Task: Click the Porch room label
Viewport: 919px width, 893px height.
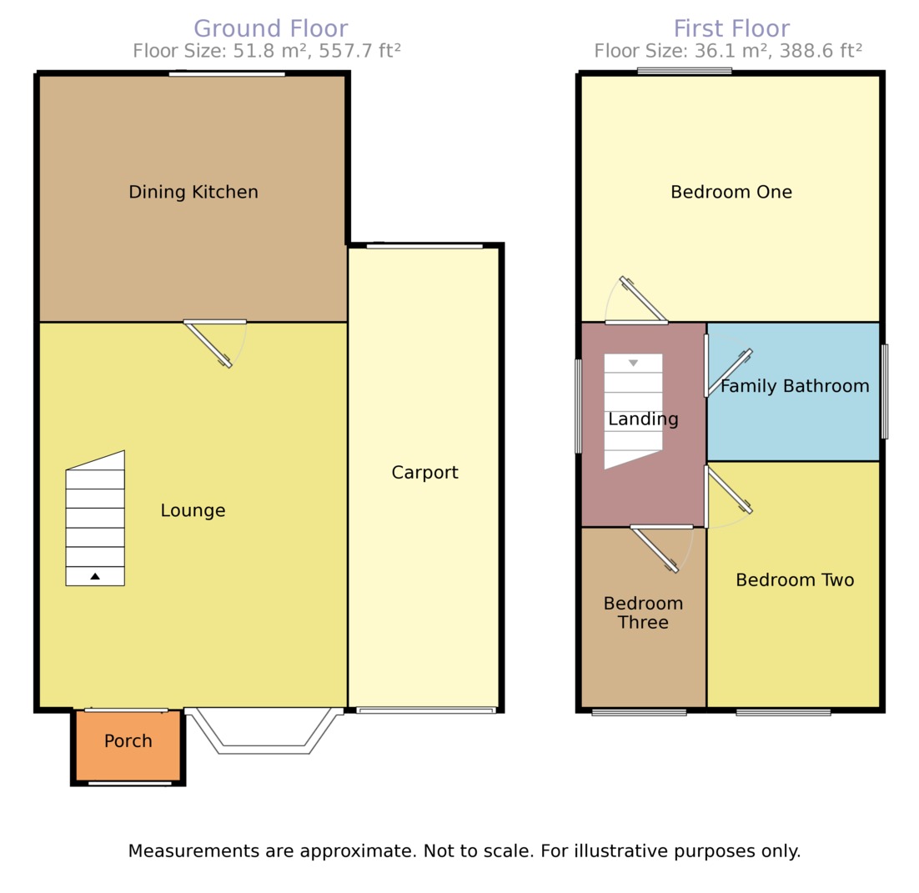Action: pos(128,741)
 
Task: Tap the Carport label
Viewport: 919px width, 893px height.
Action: pos(424,473)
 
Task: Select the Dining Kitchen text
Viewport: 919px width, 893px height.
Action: pos(193,193)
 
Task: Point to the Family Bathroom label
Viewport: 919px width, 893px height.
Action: pos(794,386)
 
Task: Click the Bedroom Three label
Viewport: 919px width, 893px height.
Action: pos(643,612)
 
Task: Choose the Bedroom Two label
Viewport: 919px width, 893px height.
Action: pos(794,580)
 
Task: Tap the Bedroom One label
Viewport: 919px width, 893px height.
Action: pos(731,193)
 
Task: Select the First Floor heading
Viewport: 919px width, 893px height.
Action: pos(731,29)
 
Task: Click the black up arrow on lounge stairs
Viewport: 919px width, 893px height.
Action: pos(95,576)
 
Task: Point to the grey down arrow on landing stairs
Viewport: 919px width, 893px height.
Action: pos(633,364)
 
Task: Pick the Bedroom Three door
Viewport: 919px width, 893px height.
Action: pos(655,549)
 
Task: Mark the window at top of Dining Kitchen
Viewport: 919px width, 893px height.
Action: pos(227,74)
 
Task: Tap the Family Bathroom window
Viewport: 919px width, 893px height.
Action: pos(885,391)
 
